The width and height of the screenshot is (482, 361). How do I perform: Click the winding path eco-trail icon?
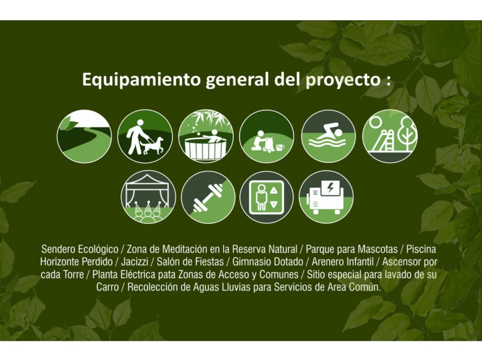(x=84, y=136)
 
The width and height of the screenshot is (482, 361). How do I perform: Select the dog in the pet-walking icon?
(x=153, y=146)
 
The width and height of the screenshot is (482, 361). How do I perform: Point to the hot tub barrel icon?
(x=206, y=136)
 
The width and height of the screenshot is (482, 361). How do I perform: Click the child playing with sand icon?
(x=266, y=136)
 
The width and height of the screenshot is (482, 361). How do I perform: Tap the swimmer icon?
(x=328, y=136)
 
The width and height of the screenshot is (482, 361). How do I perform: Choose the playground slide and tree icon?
(x=390, y=136)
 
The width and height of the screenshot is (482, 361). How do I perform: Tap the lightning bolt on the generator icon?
(x=331, y=187)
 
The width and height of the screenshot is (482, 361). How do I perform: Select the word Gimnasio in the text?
(x=251, y=262)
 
